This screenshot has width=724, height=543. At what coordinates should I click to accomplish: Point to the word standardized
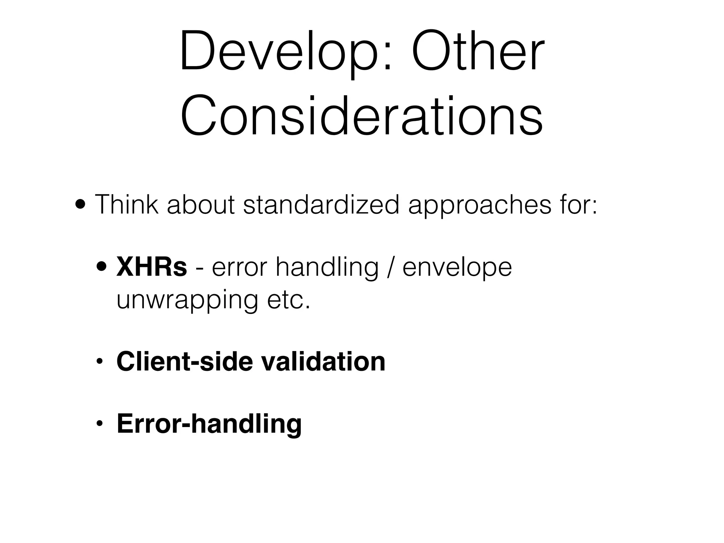pos(321,205)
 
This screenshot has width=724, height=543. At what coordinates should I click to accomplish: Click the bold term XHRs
pos(152,267)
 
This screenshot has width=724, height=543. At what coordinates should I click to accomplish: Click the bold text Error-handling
pos(209,424)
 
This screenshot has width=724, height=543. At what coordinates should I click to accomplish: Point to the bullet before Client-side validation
pos(100,362)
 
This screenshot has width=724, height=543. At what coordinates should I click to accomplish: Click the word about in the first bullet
pos(200,205)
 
